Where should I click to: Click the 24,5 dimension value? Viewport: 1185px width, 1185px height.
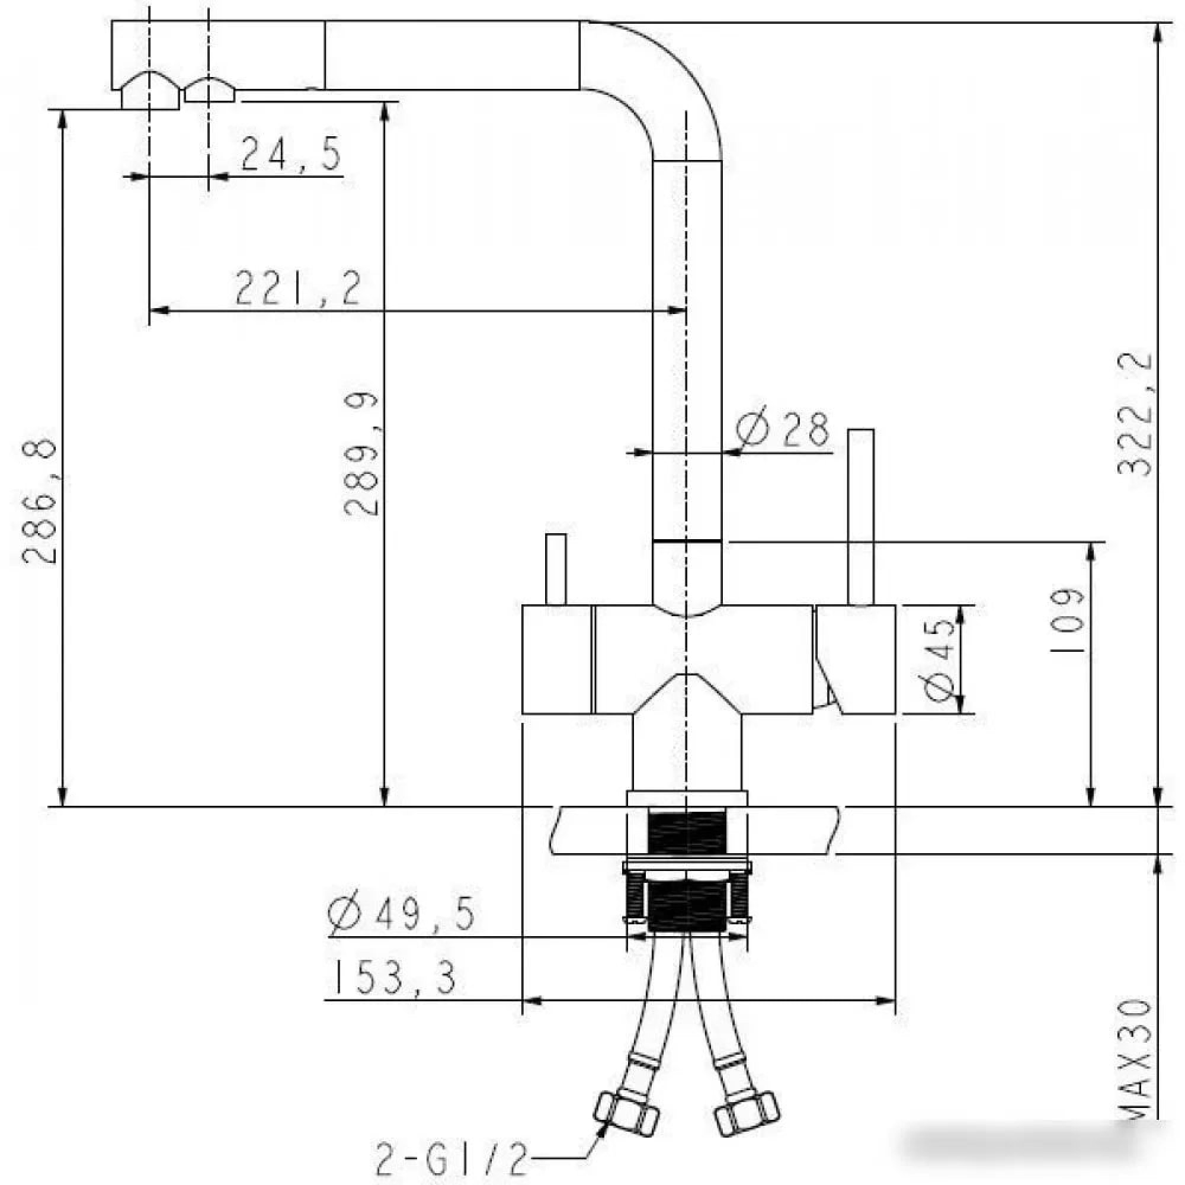[290, 155]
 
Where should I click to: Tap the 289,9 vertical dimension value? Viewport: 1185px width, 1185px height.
[361, 454]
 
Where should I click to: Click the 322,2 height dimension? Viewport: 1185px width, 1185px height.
[1134, 414]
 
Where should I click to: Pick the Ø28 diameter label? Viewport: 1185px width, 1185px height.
[783, 429]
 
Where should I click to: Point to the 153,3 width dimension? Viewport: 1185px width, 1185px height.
[393, 978]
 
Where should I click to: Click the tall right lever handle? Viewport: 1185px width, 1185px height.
[860, 517]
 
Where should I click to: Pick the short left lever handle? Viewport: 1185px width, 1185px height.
[556, 569]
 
